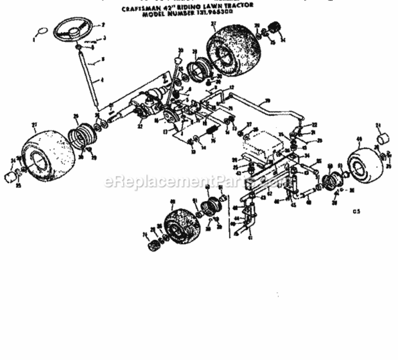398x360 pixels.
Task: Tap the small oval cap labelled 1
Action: click(x=42, y=32)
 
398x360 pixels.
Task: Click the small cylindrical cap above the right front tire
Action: click(x=383, y=139)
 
